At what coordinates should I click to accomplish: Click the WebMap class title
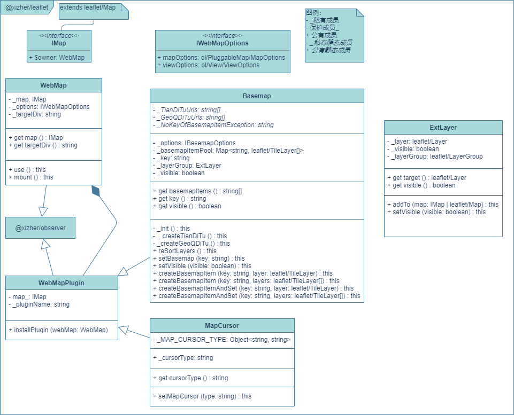coord(53,85)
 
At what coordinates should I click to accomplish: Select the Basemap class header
coord(257,96)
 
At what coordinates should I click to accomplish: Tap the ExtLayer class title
coord(443,128)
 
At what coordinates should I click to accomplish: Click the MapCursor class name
coord(222,325)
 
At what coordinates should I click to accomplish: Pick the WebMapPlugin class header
coord(62,283)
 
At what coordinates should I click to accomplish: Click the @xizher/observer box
coord(40,228)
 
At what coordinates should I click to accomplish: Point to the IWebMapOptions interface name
coord(223,43)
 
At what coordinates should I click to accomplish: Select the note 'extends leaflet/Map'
coord(88,7)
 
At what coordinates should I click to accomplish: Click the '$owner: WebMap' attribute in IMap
coord(59,57)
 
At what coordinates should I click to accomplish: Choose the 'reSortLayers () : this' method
coord(185,250)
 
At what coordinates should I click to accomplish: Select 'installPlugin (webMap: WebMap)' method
coord(58,330)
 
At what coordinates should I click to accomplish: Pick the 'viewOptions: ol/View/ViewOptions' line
coord(208,65)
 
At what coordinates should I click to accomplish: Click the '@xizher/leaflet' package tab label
coord(27,8)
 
